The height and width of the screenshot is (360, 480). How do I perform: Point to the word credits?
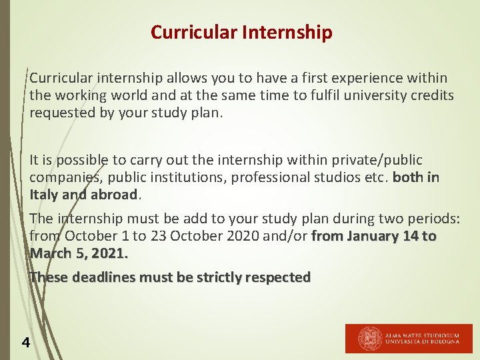(x=432, y=95)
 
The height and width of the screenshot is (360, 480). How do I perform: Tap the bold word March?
(x=49, y=253)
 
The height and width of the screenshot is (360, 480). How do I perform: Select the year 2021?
(x=109, y=253)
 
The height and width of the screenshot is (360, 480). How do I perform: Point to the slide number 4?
(x=25, y=343)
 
